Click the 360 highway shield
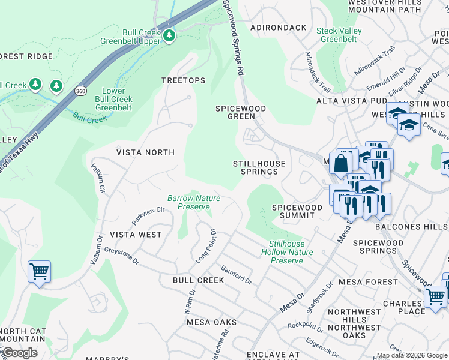tap(80, 91)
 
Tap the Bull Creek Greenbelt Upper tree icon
tap(169, 36)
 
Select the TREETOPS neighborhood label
tap(183, 80)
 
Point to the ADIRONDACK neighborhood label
tap(278, 28)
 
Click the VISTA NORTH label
tap(145, 152)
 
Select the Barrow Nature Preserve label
tap(193, 202)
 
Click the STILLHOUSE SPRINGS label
tap(256, 167)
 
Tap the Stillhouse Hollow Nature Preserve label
tap(287, 252)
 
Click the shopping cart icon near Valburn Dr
tap(39, 271)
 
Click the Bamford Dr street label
tap(235, 275)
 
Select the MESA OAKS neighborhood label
tap(211, 322)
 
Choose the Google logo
tap(20, 352)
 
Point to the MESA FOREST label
tap(368, 281)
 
